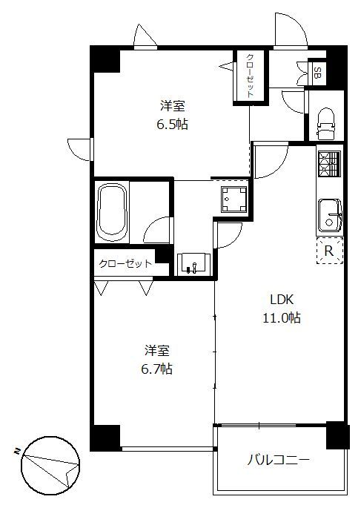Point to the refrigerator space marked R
click(x=330, y=251)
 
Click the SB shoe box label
click(x=317, y=73)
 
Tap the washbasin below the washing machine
click(x=193, y=263)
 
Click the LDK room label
click(x=282, y=300)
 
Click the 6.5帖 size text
click(x=171, y=124)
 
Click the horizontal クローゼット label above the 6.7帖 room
click(x=125, y=263)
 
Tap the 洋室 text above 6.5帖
click(x=171, y=106)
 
